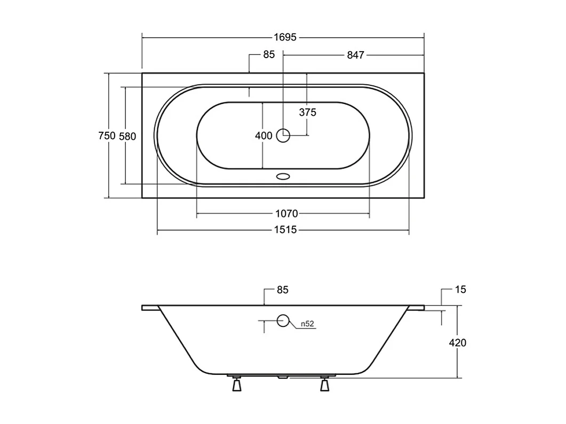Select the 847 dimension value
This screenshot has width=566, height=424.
pos(355,55)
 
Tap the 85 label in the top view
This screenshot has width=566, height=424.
pos(269,55)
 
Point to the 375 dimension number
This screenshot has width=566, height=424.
pos(308,113)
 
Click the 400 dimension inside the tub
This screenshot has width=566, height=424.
pos(264,136)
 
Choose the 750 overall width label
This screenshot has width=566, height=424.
pos(107,136)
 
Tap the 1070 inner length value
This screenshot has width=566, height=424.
pos(286,214)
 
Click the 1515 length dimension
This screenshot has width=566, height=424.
pos(286,230)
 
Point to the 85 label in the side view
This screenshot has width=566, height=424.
pos(283,290)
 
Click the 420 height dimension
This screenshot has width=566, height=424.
pos(457,343)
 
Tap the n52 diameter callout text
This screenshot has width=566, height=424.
pos(307,324)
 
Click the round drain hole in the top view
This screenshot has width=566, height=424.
pos(283,136)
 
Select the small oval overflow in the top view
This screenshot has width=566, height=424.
pos(283,176)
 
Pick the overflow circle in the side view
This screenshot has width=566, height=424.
pos(283,321)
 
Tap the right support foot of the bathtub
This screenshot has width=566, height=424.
pos(324,385)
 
